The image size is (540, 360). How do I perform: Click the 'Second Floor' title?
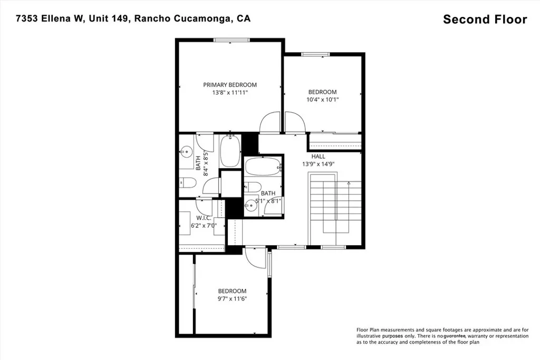(485, 20)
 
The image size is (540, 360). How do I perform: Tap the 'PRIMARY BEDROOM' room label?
(230, 85)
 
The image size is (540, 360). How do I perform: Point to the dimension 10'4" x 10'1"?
(322, 99)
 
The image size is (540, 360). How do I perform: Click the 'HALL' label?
(319, 157)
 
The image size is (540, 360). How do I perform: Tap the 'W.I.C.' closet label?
(204, 218)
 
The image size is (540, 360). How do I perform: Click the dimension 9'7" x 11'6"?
(232, 299)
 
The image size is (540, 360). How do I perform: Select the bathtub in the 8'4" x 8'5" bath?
(230, 151)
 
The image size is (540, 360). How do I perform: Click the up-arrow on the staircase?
(348, 184)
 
